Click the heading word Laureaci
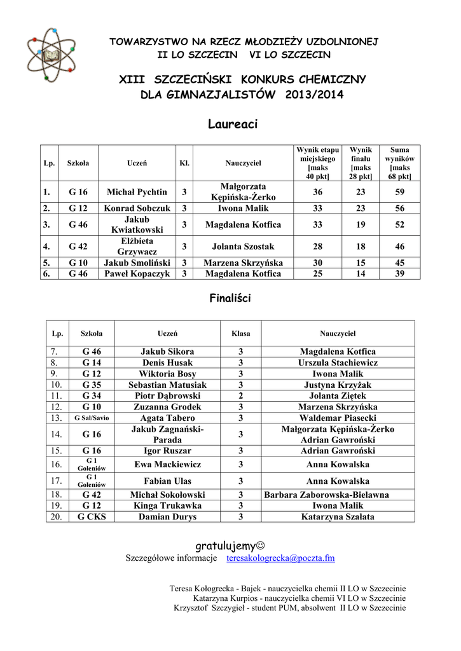tap(233, 125)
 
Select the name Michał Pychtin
tap(137, 192)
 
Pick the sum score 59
tap(399, 192)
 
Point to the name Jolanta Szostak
tap(243, 246)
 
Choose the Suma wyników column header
tap(400, 163)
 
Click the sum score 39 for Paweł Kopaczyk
tap(399, 273)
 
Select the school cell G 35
tap(92, 385)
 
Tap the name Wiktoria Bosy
tap(167, 374)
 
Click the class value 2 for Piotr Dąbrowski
tap(241, 395)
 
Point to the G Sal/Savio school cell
tap(92, 418)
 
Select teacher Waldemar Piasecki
tap(338, 418)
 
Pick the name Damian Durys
tap(167, 517)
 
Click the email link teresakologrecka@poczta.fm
tap(280, 558)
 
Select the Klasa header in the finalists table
tap(241, 333)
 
